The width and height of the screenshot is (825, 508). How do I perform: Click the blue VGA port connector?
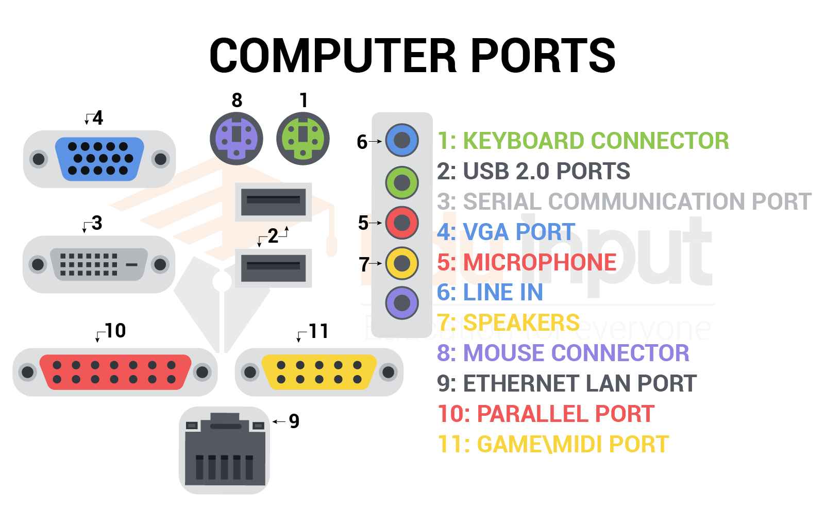[x=99, y=159]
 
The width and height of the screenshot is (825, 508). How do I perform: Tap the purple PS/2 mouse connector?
[x=237, y=139]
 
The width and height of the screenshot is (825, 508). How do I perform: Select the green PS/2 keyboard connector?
[x=303, y=139]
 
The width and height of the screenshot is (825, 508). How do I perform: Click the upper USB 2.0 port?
[x=273, y=201]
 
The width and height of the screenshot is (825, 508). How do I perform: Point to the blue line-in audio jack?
[x=402, y=140]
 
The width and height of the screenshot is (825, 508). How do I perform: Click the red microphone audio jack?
[x=402, y=223]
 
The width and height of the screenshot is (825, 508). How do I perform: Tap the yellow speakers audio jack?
[x=402, y=263]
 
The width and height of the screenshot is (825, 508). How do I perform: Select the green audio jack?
[x=402, y=182]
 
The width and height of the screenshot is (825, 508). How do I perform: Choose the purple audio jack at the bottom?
[x=402, y=303]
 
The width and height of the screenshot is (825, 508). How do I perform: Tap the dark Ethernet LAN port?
[x=224, y=451]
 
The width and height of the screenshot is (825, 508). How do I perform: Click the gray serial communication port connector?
[x=98, y=264]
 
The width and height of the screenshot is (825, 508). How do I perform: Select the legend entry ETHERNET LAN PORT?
[x=579, y=383]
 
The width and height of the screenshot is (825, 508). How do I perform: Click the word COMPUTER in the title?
[x=332, y=55]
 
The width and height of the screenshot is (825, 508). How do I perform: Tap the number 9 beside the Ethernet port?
[x=294, y=421]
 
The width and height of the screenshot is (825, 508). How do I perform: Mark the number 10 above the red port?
[x=115, y=331]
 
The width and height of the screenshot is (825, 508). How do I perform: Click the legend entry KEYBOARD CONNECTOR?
[x=596, y=141]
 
